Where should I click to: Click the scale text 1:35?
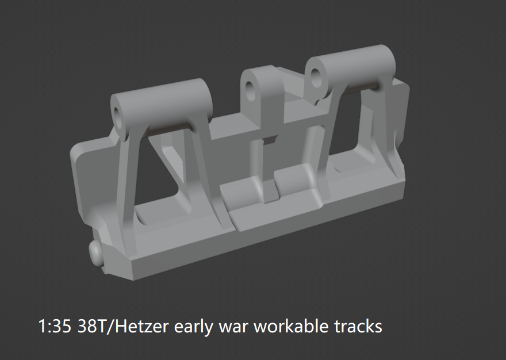click(54, 326)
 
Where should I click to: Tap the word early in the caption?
click(194, 327)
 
